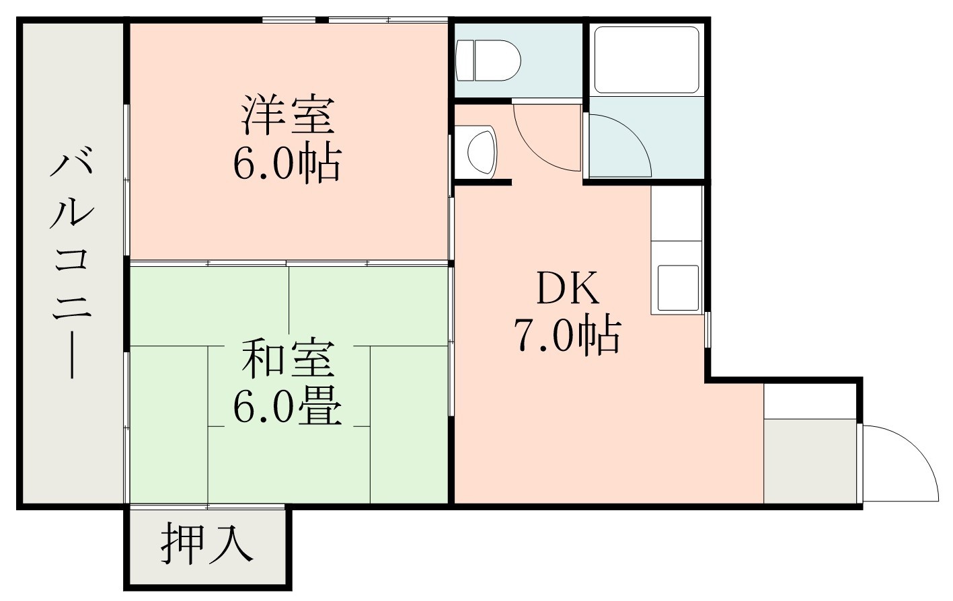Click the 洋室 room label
(287, 115)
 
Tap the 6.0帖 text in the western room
(287, 163)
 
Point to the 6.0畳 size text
(287, 406)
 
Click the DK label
(567, 289)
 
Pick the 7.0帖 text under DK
(567, 335)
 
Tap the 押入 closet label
(206, 543)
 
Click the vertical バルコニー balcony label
(71, 266)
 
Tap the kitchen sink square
(678, 287)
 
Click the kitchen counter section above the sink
(676, 222)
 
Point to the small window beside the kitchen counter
(708, 329)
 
